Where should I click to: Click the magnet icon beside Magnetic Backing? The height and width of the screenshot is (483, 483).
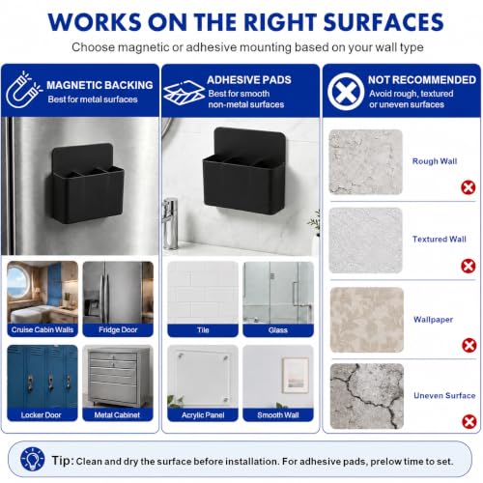[23, 90]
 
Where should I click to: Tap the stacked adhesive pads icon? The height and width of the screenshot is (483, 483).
[184, 93]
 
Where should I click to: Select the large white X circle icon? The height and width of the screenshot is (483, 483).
[346, 92]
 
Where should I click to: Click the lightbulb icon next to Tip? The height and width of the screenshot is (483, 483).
[32, 459]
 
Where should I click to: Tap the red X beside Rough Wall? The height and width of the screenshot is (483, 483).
[469, 187]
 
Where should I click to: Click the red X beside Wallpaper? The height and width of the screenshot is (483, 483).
[469, 345]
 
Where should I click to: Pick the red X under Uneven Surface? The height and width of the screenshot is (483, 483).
[469, 421]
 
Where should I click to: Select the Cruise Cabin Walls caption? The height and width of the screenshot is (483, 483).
[43, 329]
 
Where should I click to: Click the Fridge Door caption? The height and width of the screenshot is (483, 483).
[118, 329]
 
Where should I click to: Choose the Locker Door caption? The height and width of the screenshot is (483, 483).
[41, 414]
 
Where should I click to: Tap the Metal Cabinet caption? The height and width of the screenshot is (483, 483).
[117, 414]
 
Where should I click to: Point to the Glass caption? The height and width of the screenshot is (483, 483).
[278, 330]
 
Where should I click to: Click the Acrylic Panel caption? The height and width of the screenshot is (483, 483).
[203, 415]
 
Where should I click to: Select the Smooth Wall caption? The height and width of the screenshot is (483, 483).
[278, 415]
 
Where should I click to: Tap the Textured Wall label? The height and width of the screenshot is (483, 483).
[440, 239]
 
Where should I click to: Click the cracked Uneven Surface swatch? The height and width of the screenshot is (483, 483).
[367, 396]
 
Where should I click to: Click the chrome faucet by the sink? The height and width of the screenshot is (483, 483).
[171, 223]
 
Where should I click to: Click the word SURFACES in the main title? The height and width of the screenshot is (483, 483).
[384, 22]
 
